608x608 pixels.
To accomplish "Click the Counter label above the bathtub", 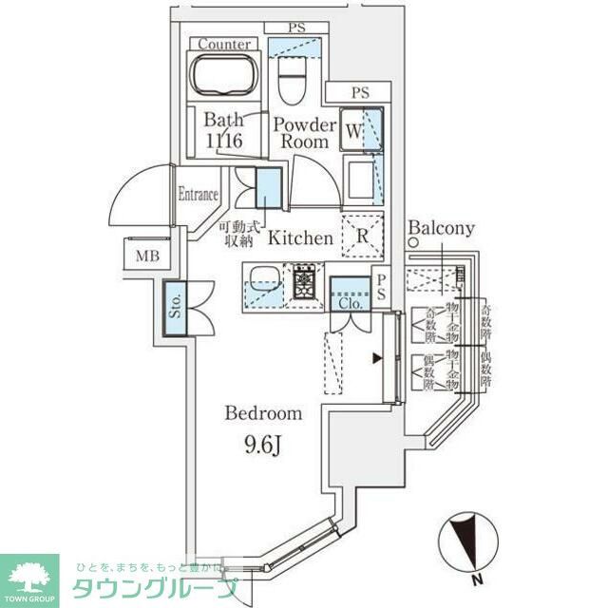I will (x=225, y=44).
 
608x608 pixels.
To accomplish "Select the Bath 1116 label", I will (x=224, y=131).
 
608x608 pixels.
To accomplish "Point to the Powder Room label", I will (x=305, y=133).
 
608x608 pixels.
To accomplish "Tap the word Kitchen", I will (x=299, y=237).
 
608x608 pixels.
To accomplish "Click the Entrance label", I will (x=199, y=195).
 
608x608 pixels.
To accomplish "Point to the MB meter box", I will (x=146, y=256).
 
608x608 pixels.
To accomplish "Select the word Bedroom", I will (x=263, y=413).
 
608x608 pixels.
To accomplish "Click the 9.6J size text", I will (x=263, y=442).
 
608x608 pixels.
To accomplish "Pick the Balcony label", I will (x=441, y=229).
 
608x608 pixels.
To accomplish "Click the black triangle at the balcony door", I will (x=377, y=358).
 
